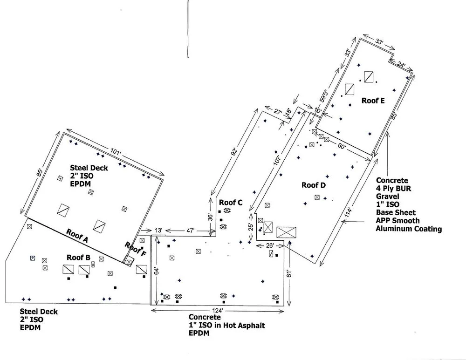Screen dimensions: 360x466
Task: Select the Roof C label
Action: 231,202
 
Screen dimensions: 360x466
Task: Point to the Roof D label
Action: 313,185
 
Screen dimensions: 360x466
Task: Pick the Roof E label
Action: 372,100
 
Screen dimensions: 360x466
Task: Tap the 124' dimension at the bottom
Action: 217,311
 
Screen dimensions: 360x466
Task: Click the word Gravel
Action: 387,197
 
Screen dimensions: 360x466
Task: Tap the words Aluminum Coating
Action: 409,229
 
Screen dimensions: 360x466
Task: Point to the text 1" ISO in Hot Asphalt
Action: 223,326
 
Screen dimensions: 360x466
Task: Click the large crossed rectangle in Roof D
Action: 286,232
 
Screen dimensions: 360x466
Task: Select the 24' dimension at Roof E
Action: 402,66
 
